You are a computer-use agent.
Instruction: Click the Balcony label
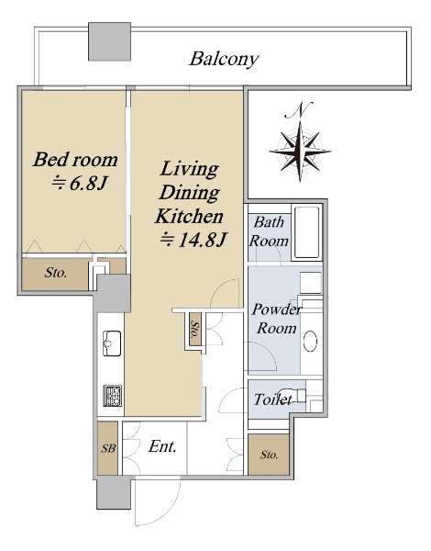[x=225, y=59]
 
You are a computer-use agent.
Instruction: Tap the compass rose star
[x=300, y=152]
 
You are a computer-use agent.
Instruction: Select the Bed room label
[x=75, y=160]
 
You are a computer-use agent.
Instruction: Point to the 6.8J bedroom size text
[x=79, y=183]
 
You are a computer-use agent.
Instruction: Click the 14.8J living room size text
[x=193, y=241]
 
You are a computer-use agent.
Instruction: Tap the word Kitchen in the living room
[x=189, y=217]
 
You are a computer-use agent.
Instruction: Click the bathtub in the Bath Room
[x=307, y=232]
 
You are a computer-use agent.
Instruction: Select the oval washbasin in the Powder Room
[x=310, y=341]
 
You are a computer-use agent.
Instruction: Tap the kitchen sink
[x=112, y=343]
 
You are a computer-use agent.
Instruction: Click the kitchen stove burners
[x=112, y=396]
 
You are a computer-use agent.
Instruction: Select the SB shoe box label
[x=108, y=449]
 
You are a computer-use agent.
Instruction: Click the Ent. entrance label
[x=162, y=446]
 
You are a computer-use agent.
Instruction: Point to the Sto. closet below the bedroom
[x=55, y=273]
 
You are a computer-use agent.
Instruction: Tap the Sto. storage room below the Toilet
[x=269, y=455]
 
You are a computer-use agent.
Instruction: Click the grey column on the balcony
[x=109, y=41]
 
